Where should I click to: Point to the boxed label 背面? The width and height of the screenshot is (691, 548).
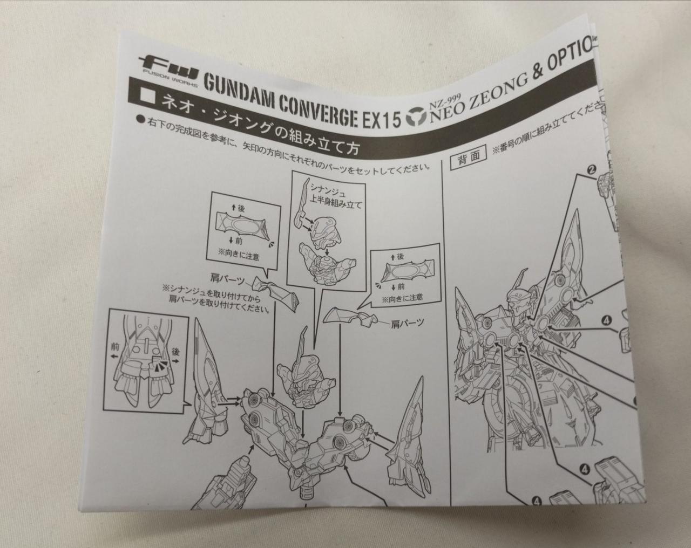click(468, 157)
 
